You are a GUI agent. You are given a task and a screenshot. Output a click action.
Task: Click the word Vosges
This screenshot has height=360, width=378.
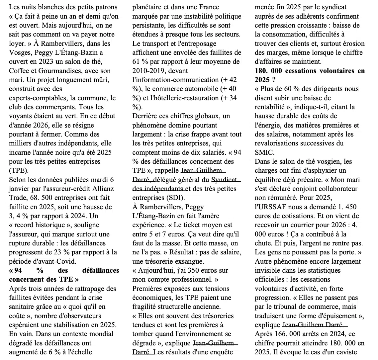[x=19, y=52]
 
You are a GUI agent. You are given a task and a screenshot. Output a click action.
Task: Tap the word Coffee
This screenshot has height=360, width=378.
[x=18, y=71]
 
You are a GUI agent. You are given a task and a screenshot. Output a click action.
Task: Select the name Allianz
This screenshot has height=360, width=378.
[x=102, y=189]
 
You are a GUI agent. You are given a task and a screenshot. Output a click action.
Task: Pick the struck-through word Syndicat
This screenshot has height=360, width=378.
[x=224, y=180]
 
